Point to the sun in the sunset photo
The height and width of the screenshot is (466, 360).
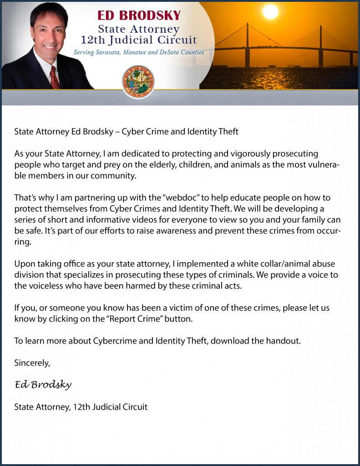pyautogui.click(x=270, y=12)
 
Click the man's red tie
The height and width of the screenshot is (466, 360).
pyautogui.click(x=55, y=78)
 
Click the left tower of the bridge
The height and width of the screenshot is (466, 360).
pyautogui.click(x=247, y=46)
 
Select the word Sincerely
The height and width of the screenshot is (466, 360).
pyautogui.click(x=32, y=363)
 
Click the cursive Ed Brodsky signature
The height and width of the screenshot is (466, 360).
pyautogui.click(x=43, y=385)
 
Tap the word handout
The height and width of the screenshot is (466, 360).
pyautogui.click(x=283, y=341)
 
